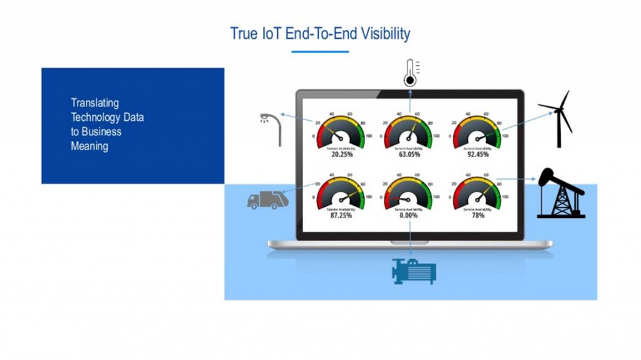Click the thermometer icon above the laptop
pos(411,73)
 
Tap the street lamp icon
pos(272,128)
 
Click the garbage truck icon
pos(268,200)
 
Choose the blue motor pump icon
pos(413,271)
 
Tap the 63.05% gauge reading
pos(409,154)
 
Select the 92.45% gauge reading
pos(478,154)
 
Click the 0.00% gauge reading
pos(409,215)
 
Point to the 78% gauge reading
pos(478,215)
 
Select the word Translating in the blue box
pos(95,103)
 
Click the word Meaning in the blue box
pos(89,147)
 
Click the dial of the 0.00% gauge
pos(409,194)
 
